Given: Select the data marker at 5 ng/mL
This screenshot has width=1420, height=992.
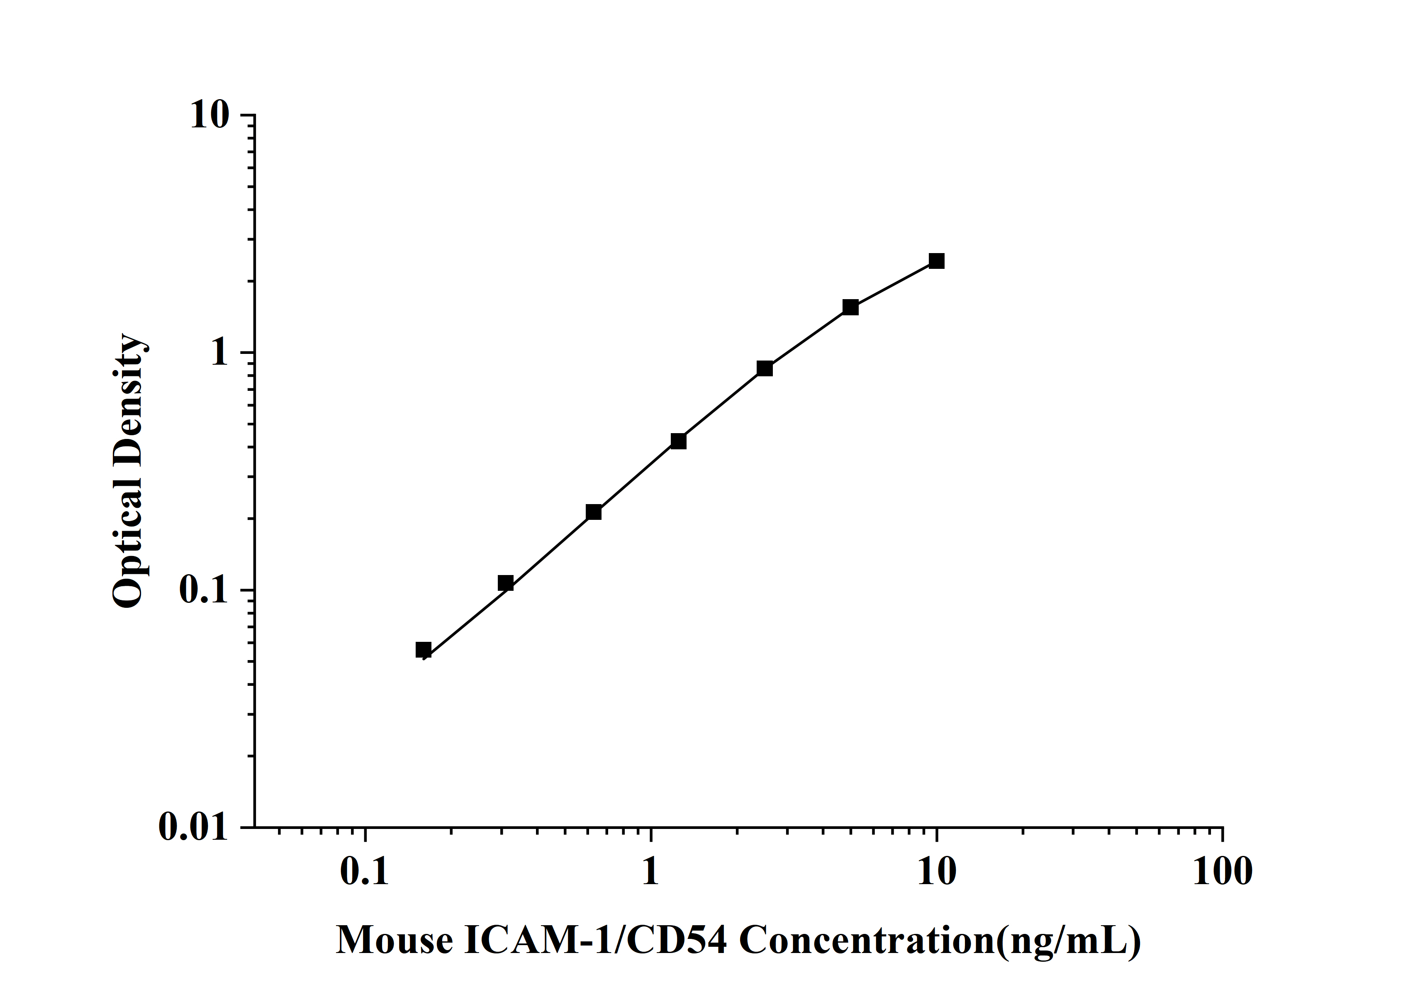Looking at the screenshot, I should (850, 307).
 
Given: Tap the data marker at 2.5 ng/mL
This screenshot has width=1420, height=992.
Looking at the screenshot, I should (765, 368).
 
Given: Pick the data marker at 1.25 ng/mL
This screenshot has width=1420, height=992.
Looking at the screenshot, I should (678, 441).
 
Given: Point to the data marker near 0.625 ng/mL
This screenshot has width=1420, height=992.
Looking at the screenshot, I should (593, 512).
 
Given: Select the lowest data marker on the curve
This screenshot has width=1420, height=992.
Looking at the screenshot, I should (423, 650).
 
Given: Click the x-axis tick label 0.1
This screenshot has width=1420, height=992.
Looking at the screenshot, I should (365, 873).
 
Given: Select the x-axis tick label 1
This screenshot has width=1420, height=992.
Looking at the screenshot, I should (650, 873).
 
